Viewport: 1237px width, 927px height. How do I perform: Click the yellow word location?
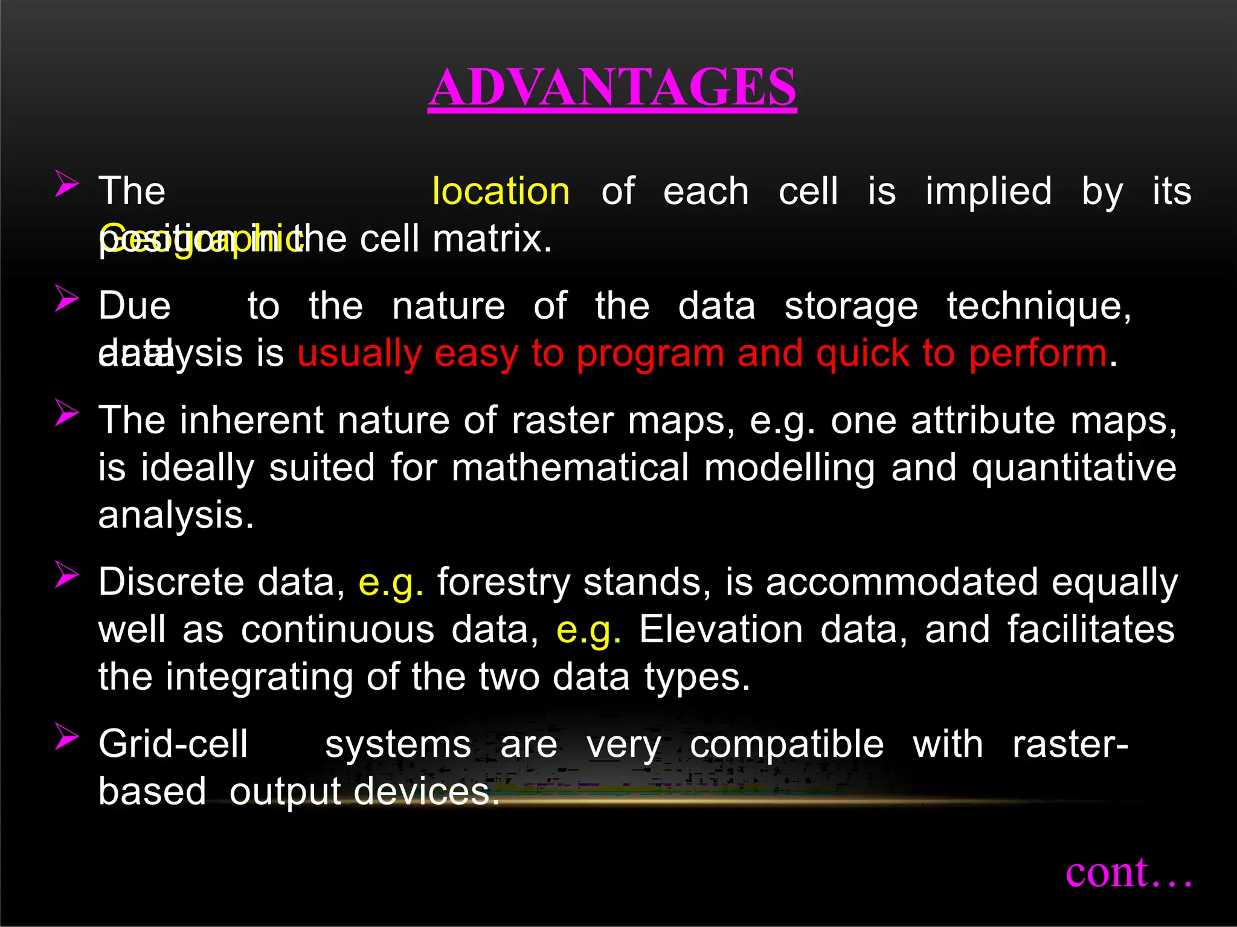501,192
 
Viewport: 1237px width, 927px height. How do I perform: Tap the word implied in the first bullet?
989,192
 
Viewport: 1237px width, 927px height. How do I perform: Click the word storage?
851,306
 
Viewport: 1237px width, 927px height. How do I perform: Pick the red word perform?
1038,354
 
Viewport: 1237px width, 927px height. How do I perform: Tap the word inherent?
252,420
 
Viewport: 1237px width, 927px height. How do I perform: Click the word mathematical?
570,468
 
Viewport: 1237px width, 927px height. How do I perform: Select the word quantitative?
1074,468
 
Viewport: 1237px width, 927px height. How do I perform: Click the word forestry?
503,582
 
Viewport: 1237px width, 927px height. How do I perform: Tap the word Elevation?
721,629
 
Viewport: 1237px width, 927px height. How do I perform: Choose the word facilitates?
1091,629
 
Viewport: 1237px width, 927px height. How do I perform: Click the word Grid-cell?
173,744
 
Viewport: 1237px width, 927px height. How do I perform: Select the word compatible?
786,744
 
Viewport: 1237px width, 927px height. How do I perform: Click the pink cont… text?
1128,873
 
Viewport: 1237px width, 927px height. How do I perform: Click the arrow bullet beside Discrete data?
66,575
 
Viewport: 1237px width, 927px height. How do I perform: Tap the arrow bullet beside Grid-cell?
66,736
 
